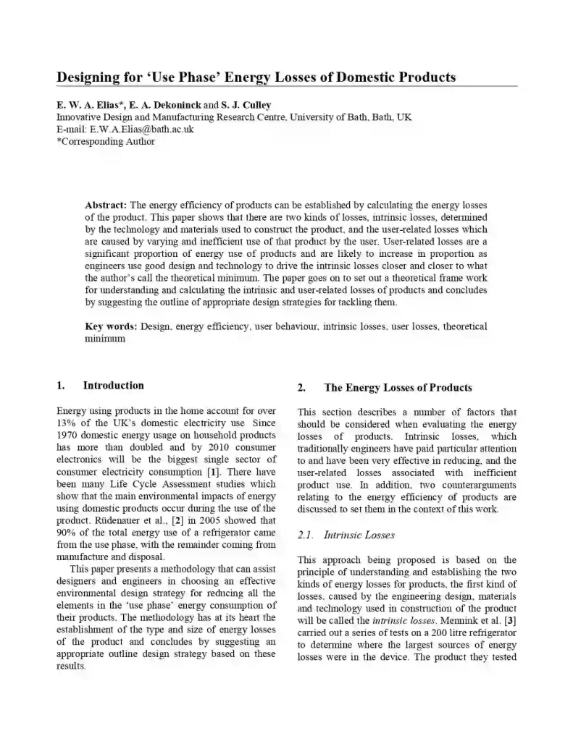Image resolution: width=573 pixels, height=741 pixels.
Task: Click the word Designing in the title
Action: pyautogui.click(x=92, y=77)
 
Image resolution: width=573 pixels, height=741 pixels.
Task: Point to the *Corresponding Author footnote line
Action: pyautogui.click(x=106, y=141)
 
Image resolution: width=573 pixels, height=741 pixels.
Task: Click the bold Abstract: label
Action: pyautogui.click(x=106, y=206)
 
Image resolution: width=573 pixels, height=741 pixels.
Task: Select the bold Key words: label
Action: pyautogui.click(x=112, y=327)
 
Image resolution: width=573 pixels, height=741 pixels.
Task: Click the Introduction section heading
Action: pyautogui.click(x=113, y=386)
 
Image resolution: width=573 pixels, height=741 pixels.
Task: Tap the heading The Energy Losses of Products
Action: pyautogui.click(x=398, y=388)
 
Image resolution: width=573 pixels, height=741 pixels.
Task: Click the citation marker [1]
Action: pyautogui.click(x=214, y=472)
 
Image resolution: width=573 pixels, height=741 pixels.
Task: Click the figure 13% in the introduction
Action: pyautogui.click(x=67, y=423)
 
